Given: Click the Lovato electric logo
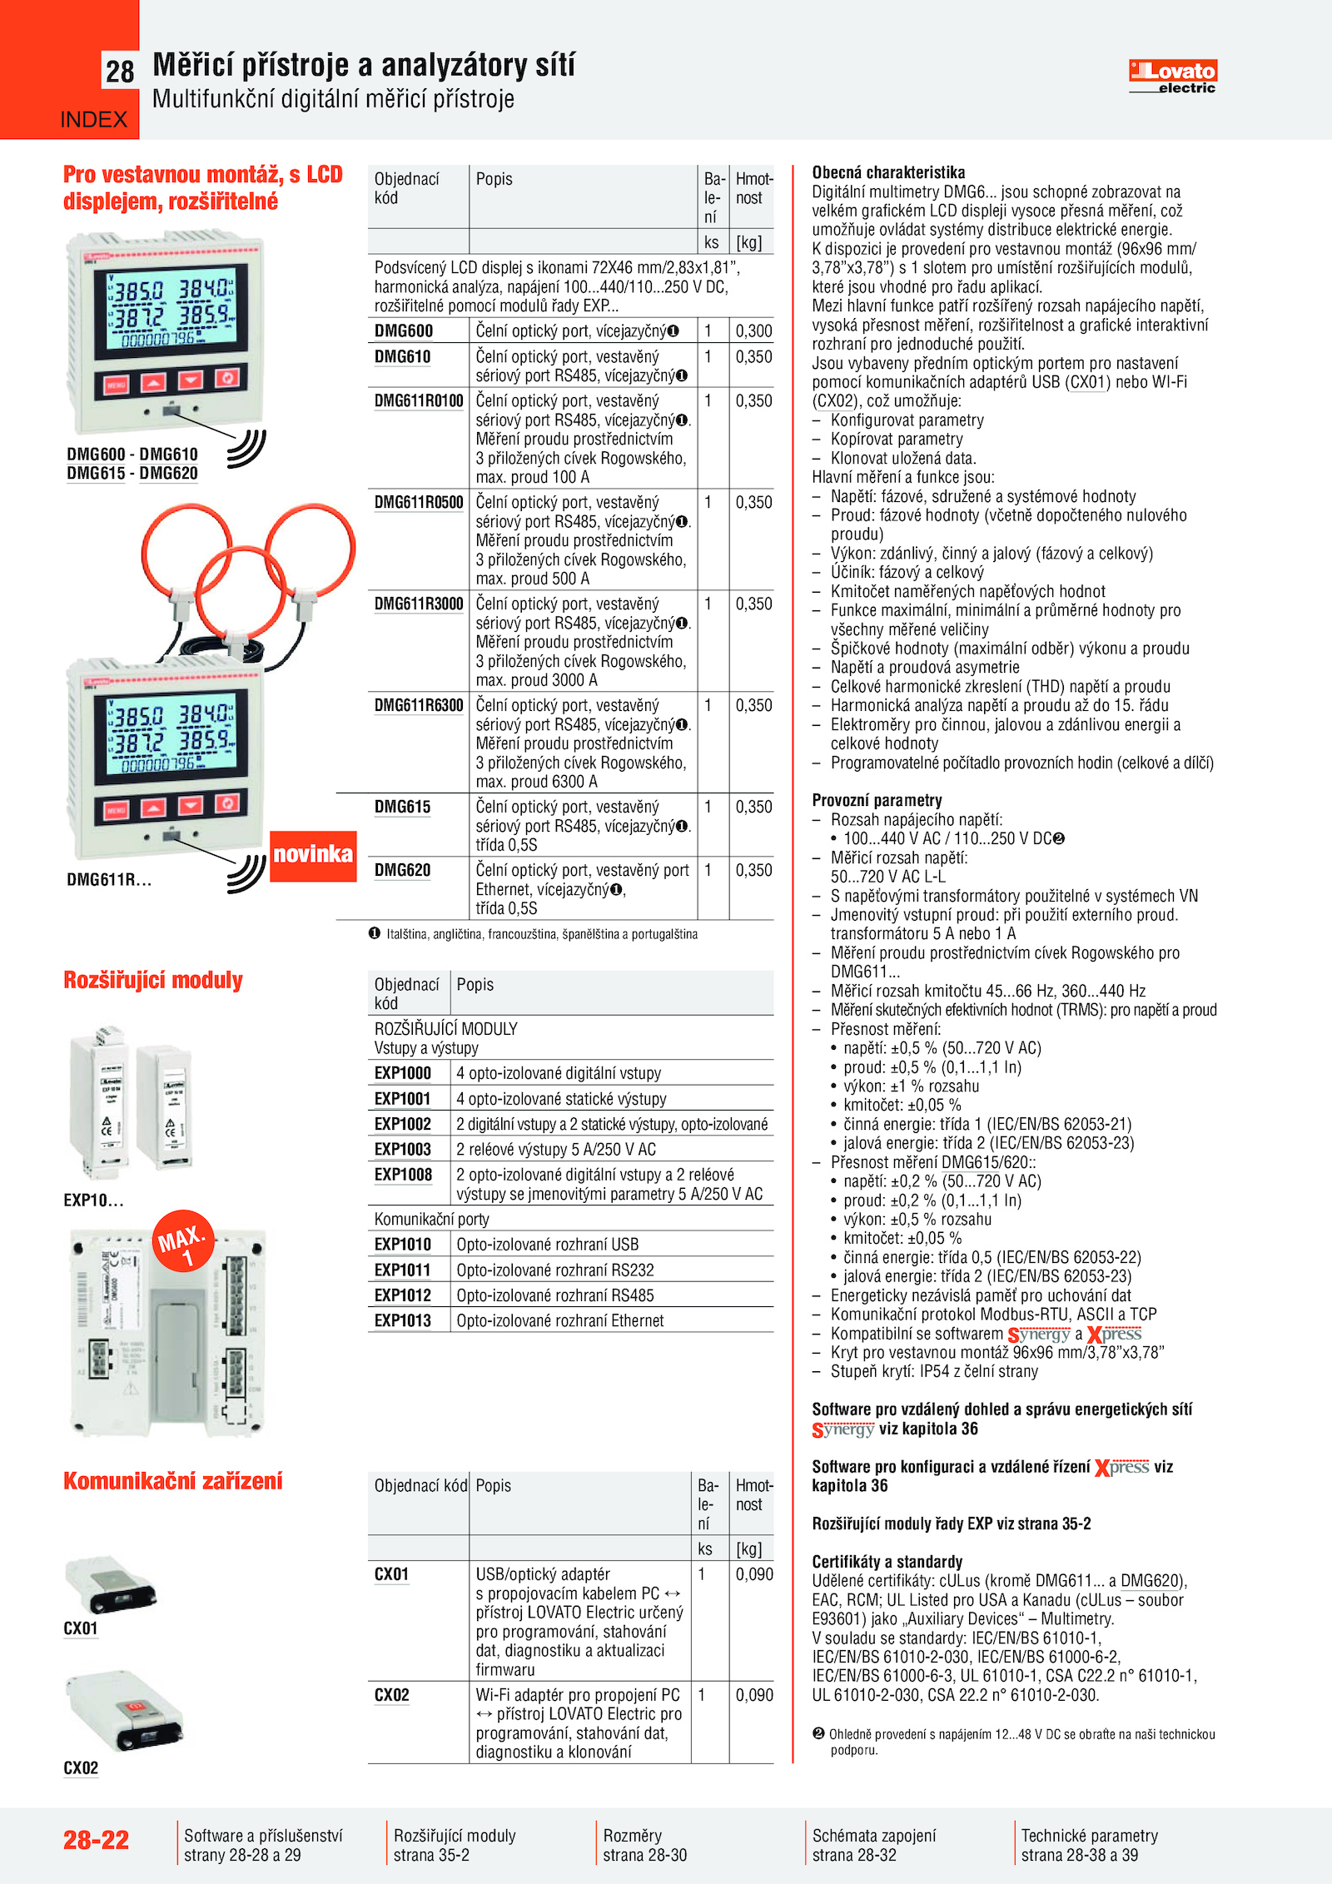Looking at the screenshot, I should [x=1172, y=76].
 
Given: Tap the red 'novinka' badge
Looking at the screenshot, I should [x=313, y=855].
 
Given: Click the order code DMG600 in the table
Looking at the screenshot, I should [x=404, y=331].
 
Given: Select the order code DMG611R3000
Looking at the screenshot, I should [x=419, y=604].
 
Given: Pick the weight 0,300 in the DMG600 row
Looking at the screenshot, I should [x=753, y=331].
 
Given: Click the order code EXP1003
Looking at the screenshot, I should [x=403, y=1150].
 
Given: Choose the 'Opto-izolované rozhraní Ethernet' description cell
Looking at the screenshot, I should [x=560, y=1321].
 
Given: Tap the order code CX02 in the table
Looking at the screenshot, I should [x=392, y=1696].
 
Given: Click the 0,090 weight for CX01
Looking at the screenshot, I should [x=754, y=1574].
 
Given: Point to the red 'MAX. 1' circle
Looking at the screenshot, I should [x=183, y=1241].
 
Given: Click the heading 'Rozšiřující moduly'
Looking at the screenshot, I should [x=153, y=981].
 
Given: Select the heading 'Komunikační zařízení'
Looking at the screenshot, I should [x=173, y=1481].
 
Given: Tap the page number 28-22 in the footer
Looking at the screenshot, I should [x=97, y=1840].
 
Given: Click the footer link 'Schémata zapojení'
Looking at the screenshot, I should [x=874, y=1836].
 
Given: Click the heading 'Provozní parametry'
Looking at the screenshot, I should [x=877, y=801].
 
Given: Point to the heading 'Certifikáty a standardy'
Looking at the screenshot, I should [x=887, y=1562].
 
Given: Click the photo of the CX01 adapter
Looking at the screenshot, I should [x=110, y=1583].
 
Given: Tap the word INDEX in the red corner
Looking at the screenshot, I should [x=93, y=120].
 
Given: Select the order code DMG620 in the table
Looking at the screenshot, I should [x=402, y=871].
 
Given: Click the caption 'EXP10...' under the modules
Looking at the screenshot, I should [x=93, y=1200].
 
